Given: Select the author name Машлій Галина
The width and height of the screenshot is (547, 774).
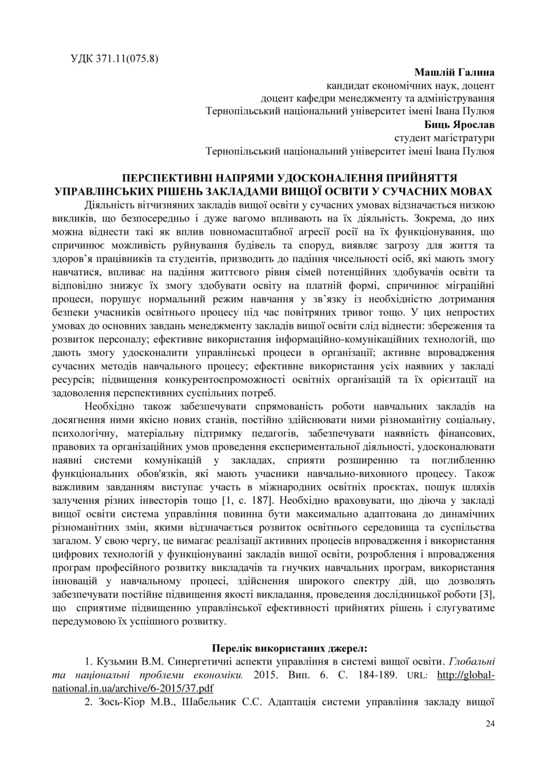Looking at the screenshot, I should [x=454, y=72].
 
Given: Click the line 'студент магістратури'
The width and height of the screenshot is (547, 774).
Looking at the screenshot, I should [x=444, y=137].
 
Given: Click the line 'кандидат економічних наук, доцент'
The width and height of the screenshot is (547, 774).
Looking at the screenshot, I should [x=410, y=86].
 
